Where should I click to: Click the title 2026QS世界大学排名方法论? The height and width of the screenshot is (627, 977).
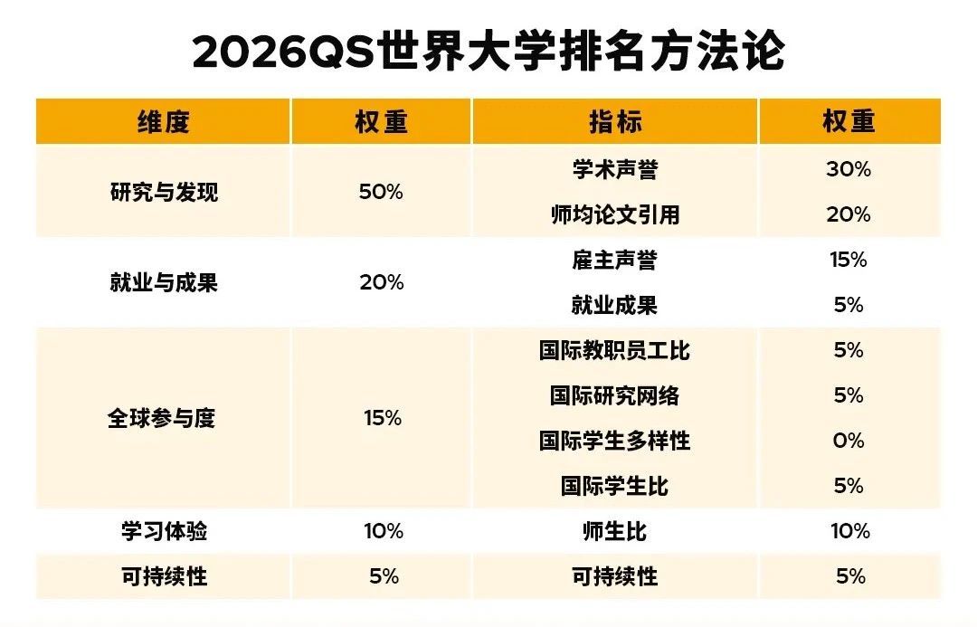coord(488,52)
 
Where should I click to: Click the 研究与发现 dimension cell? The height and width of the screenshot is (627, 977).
coord(164,193)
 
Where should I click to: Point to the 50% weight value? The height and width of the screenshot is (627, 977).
coord(381,193)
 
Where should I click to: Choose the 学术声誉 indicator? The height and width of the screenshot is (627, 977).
coord(614,170)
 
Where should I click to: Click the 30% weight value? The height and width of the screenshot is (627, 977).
coord(849,170)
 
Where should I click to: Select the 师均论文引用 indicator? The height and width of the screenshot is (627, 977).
coord(614,215)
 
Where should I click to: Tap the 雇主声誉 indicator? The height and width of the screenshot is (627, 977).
coord(614,261)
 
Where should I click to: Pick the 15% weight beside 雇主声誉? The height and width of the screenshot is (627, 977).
coord(849,261)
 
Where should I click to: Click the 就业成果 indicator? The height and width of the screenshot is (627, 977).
coord(614,306)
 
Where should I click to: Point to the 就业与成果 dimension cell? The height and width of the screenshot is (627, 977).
coord(164,283)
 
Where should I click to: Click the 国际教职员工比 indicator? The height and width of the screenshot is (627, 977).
coord(614,351)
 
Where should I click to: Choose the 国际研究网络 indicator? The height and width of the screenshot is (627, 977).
coord(614,396)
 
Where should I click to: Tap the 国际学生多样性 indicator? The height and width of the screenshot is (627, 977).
coord(614,442)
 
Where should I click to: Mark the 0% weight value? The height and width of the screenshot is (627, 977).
coord(849,442)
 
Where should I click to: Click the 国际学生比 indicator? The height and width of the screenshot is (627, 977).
coord(614,487)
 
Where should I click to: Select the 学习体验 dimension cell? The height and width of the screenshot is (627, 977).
coord(164,532)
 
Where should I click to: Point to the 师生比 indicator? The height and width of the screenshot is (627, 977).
coord(614,532)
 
